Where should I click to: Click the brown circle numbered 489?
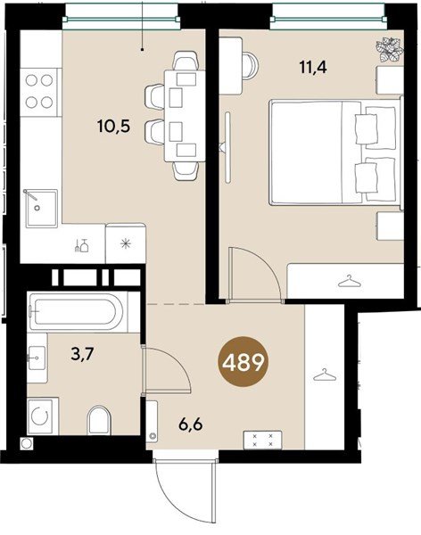(x=243, y=362)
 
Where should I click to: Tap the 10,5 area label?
(x=114, y=127)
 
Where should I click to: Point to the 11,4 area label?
(x=313, y=67)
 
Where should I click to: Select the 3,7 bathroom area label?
(x=82, y=354)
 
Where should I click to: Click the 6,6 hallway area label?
(x=191, y=425)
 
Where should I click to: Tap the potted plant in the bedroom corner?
(x=389, y=49)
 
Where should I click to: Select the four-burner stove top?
(x=39, y=92)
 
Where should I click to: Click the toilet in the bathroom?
(x=99, y=420)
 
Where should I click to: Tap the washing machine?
(x=43, y=416)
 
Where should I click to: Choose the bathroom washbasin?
(x=37, y=358)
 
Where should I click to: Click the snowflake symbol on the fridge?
(x=126, y=243)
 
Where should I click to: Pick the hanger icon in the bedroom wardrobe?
(x=349, y=282)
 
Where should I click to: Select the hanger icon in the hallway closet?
(x=325, y=374)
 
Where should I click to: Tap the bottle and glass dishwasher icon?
(x=82, y=246)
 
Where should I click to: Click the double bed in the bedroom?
(x=334, y=152)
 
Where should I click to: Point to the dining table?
(x=185, y=116)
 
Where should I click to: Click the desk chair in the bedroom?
(x=251, y=66)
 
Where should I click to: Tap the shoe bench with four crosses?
(x=262, y=440)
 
